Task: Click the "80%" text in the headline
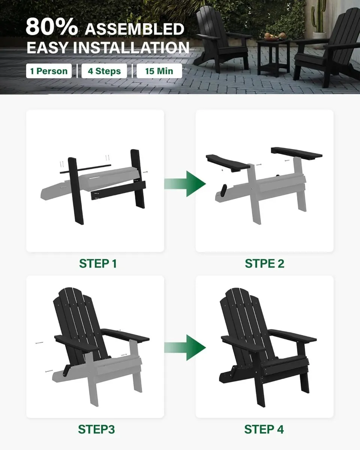click(x=52, y=27)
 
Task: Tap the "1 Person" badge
click(x=49, y=71)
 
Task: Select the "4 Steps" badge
click(x=104, y=71)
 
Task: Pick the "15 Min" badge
click(x=159, y=71)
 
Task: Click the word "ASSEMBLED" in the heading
click(x=134, y=28)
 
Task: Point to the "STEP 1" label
click(x=98, y=264)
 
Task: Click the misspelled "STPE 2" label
click(x=264, y=264)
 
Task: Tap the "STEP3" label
click(x=96, y=429)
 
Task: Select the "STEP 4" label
click(x=264, y=429)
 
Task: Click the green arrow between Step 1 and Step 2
click(x=186, y=184)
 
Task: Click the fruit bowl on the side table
click(x=271, y=36)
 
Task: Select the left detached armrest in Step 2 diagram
click(x=227, y=162)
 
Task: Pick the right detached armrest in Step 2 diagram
click(x=296, y=152)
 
